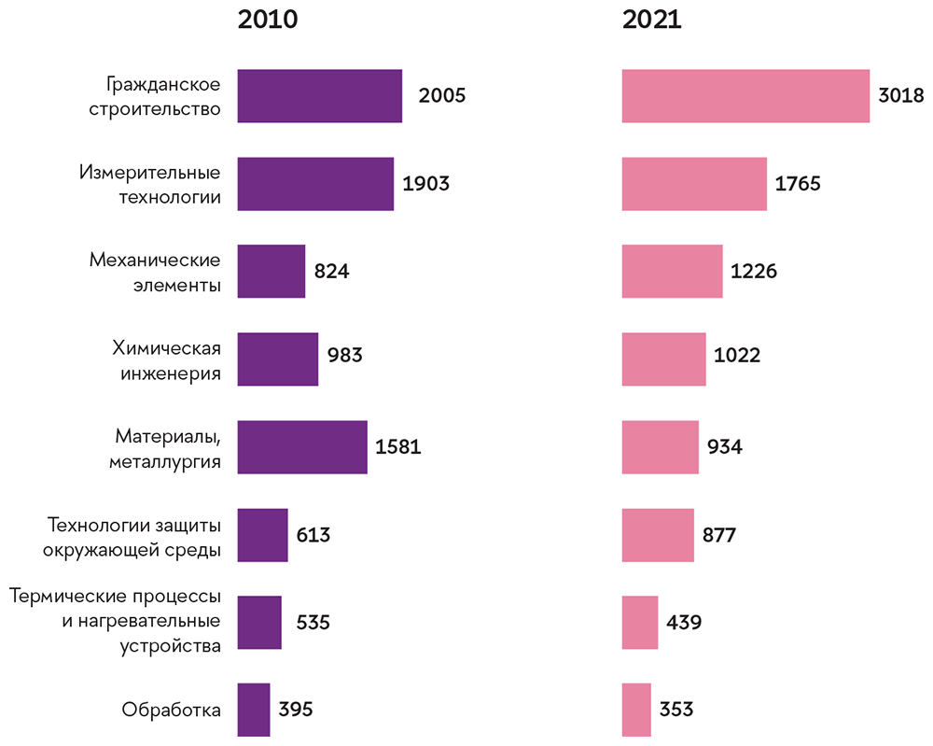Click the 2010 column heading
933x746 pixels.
tap(268, 20)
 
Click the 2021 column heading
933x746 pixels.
tap(652, 20)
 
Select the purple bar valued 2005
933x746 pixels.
tap(320, 96)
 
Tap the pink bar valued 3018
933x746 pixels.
tap(745, 96)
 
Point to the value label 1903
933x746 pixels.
tap(425, 184)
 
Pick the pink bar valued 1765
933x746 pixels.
tap(694, 184)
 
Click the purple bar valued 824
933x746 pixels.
tap(272, 272)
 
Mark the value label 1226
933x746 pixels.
tap(754, 272)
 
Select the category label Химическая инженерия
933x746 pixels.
tap(166, 360)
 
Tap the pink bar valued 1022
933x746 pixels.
tap(663, 359)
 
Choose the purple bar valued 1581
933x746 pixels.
tap(302, 447)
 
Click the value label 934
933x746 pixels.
tap(724, 447)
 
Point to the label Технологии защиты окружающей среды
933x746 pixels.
tap(132, 536)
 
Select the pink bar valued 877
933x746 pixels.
tap(658, 535)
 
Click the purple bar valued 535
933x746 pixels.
tap(259, 622)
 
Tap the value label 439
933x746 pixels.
tap(684, 623)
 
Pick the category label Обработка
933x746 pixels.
tap(171, 710)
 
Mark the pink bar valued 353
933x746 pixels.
tap(636, 710)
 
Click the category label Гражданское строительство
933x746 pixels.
tap(163, 96)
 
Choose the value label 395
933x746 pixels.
tap(295, 710)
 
